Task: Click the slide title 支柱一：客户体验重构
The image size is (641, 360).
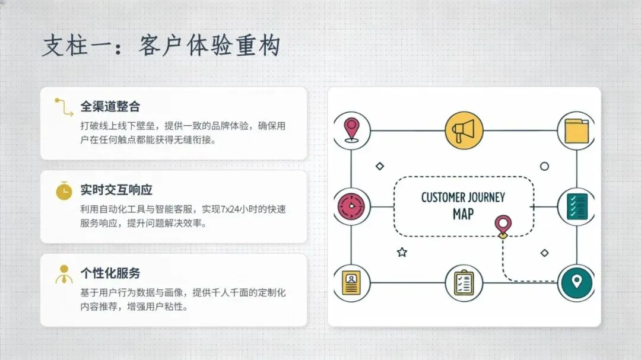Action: click(x=160, y=46)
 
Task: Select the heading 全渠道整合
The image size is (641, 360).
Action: click(x=110, y=107)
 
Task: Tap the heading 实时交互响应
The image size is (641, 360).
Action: click(x=116, y=190)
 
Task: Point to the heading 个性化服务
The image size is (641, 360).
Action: click(x=110, y=273)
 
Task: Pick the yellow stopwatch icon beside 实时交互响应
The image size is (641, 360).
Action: click(x=64, y=190)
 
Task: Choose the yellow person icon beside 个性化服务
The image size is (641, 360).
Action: click(x=64, y=273)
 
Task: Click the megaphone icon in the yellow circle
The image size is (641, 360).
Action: click(x=464, y=130)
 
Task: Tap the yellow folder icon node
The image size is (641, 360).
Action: click(x=576, y=130)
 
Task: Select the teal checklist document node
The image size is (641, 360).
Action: click(x=576, y=206)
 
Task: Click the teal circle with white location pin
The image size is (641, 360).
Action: click(x=576, y=281)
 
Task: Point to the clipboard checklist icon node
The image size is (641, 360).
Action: click(x=464, y=282)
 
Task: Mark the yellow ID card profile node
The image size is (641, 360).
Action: click(x=352, y=282)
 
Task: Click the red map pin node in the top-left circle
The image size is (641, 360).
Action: click(x=352, y=130)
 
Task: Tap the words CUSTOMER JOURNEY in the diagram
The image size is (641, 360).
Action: click(x=463, y=197)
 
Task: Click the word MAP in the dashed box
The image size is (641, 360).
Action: click(x=463, y=214)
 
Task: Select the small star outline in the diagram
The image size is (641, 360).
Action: click(x=402, y=252)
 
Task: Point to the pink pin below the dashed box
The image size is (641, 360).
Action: click(x=503, y=225)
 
